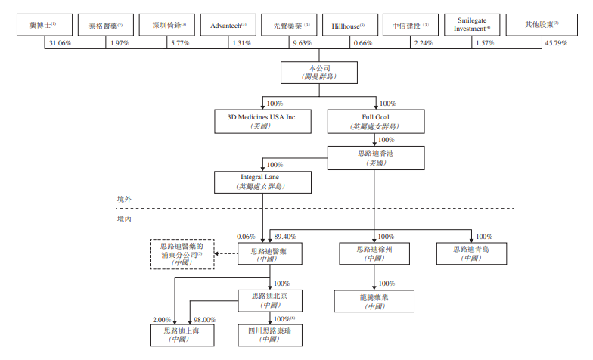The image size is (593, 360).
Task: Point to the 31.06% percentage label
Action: pos(60,43)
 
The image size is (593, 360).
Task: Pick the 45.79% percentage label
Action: pos(558,43)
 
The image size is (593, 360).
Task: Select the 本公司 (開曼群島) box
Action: pos(320,72)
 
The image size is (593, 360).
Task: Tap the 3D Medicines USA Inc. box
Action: pos(263,121)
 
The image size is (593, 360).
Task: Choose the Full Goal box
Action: pos(376,121)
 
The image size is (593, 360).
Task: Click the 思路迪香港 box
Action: pos(376,157)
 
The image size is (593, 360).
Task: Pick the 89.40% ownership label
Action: pos(285,236)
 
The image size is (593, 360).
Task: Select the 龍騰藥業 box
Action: pos(376,301)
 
